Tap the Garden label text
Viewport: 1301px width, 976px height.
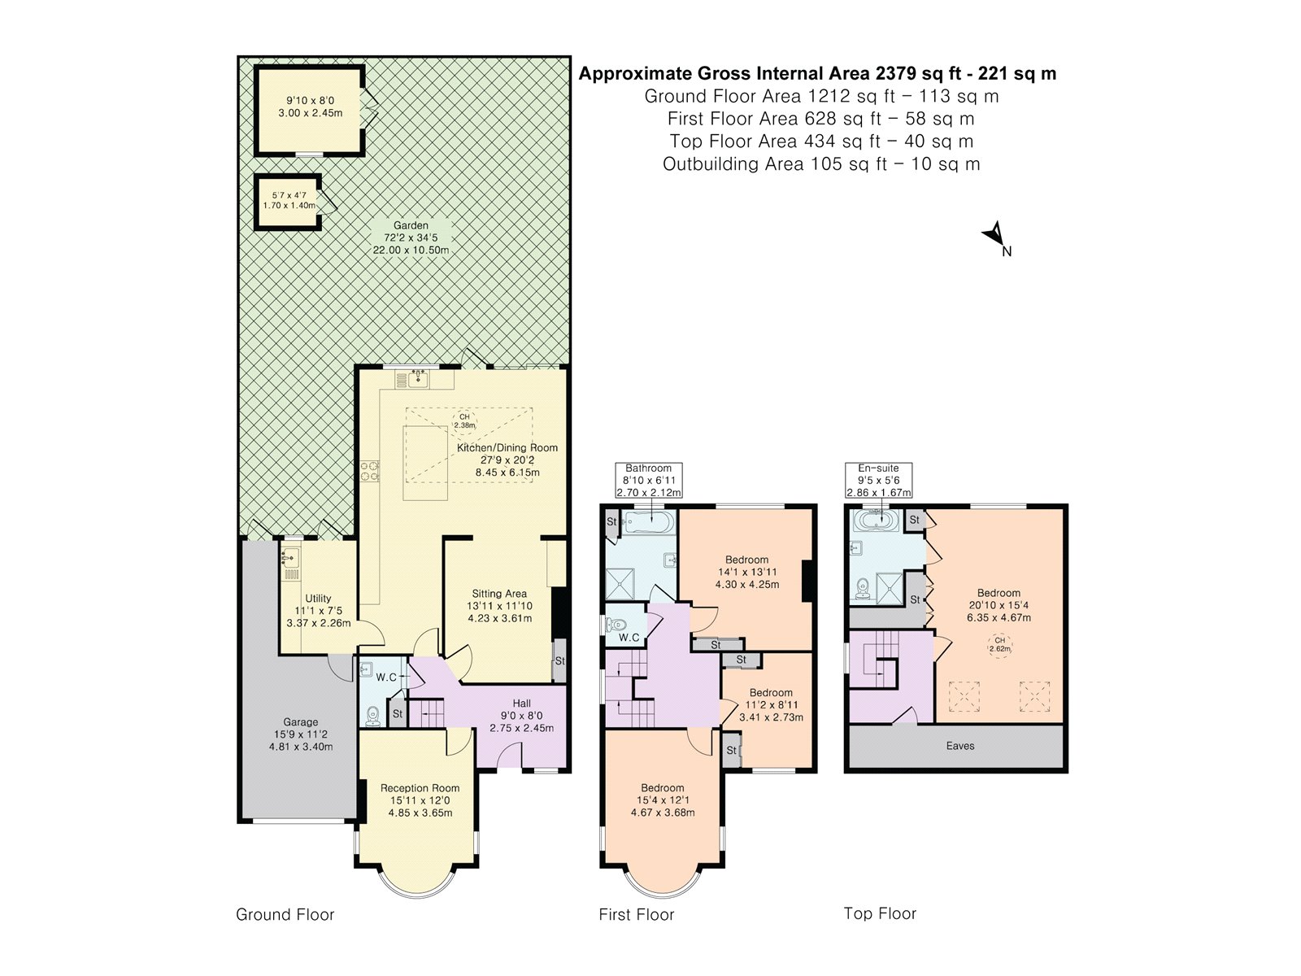(x=411, y=225)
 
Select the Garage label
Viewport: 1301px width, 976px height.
(x=301, y=721)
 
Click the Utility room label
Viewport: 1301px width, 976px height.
(x=318, y=598)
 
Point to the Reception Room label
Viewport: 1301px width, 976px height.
(x=420, y=787)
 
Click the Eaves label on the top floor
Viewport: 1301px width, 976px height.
(x=960, y=746)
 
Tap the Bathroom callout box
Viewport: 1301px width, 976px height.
(x=648, y=480)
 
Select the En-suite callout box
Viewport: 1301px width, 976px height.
(x=878, y=480)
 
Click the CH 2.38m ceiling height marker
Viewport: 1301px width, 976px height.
(x=464, y=420)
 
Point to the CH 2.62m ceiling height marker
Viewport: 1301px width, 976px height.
(x=1000, y=644)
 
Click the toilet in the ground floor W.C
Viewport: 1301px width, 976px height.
(x=372, y=716)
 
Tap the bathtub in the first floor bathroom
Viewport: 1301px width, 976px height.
(x=648, y=523)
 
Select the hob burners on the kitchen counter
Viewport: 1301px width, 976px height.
(x=370, y=471)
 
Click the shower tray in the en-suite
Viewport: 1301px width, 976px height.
(x=889, y=587)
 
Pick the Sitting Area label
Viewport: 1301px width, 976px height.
(x=499, y=593)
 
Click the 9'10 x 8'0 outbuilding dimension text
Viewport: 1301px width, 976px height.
(x=310, y=100)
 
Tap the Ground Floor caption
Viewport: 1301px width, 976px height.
(x=285, y=914)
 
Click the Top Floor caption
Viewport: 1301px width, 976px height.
(x=880, y=913)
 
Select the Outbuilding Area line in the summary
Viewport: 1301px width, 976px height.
(x=821, y=163)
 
